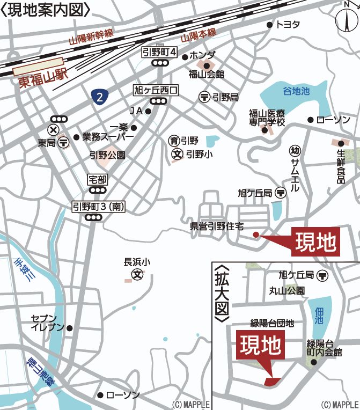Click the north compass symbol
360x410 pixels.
[347, 19]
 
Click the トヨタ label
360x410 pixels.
[288, 25]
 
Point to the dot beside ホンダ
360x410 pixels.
[185, 57]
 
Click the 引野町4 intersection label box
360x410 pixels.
[160, 52]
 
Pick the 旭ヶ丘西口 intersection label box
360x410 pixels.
[156, 90]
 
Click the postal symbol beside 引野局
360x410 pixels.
[204, 97]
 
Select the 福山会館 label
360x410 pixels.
[207, 74]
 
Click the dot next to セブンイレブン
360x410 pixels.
[69, 328]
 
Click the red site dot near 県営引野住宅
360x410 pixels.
[256, 234]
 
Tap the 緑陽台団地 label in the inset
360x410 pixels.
[273, 323]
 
